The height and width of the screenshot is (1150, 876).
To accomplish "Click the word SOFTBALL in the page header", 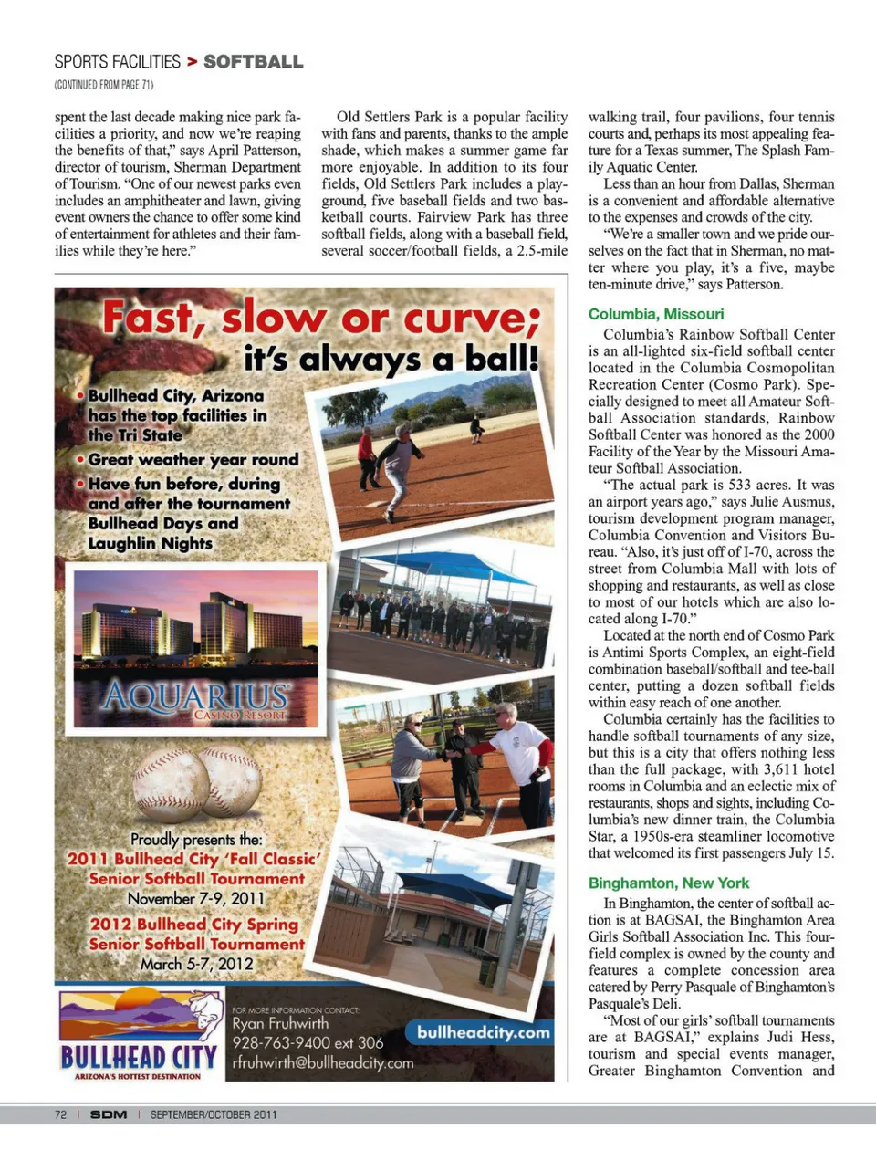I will tap(253, 62).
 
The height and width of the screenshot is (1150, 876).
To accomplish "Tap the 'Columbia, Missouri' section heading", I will tap(656, 314).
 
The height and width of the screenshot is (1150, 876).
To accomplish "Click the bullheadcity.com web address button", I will tap(484, 1032).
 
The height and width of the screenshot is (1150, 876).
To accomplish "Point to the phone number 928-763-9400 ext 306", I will tap(308, 1042).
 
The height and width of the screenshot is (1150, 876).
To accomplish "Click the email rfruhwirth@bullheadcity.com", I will tap(322, 1063).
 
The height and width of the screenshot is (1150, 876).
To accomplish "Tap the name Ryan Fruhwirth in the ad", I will tap(280, 1023).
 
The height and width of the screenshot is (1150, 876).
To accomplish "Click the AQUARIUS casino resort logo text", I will tap(196, 697).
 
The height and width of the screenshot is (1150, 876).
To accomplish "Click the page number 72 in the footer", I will tap(61, 1114).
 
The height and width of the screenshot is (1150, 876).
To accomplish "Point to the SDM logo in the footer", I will tap(109, 1114).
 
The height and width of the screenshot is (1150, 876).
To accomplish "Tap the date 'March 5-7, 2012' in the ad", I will tap(197, 964).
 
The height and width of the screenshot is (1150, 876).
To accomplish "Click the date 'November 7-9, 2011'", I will tap(196, 898).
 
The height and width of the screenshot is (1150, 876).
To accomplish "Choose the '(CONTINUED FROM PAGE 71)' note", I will tap(104, 85).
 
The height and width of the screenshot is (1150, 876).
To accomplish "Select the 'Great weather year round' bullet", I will tap(193, 460).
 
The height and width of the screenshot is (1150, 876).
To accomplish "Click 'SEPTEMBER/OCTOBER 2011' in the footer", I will tap(214, 1114).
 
